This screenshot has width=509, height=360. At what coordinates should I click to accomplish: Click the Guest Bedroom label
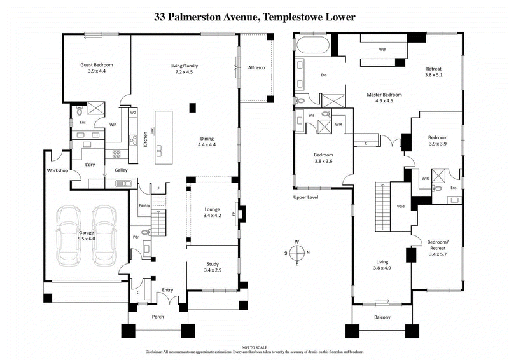pos(97,65)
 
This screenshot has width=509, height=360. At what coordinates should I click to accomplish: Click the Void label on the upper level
pos(400,206)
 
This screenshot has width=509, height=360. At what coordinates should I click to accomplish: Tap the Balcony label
pos(382,317)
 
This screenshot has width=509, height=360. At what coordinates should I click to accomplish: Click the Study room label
pos(212,264)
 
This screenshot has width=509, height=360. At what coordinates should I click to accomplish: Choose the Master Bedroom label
pos(384,95)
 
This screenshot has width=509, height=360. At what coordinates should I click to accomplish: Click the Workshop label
pos(57,171)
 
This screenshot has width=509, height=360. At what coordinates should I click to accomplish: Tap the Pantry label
pos(144,205)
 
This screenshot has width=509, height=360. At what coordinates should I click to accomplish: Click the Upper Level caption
pos(305,197)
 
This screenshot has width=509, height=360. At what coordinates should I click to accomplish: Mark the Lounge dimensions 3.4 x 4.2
pos(212,216)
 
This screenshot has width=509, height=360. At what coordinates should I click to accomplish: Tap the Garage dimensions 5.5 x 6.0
pos(86,239)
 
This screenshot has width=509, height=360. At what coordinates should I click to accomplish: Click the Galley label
pos(121,170)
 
